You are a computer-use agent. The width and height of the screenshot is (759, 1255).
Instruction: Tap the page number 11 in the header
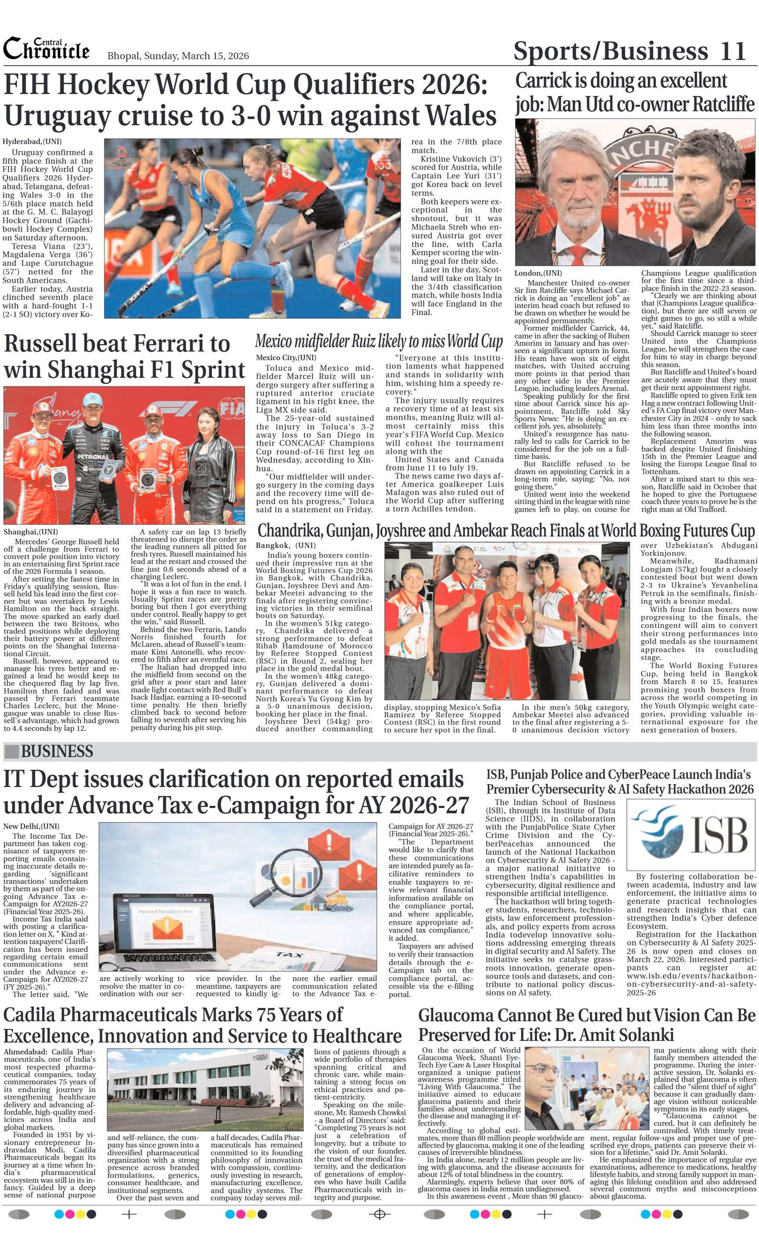pos(733,51)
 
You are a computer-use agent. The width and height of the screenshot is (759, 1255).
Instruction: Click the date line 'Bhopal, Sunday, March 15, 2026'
pos(178,56)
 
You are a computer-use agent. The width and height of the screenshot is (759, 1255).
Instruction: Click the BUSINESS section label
pos(56,751)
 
